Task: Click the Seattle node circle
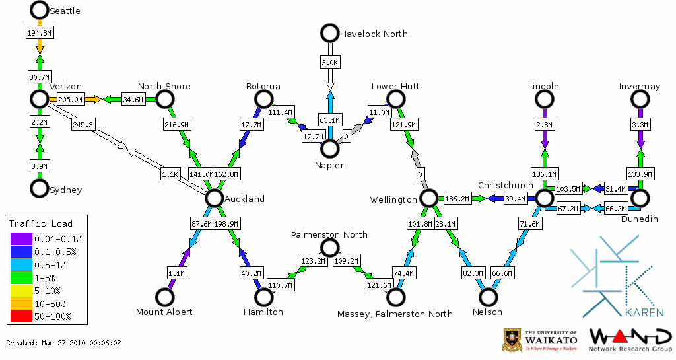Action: [40, 10]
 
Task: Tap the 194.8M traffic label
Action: [39, 32]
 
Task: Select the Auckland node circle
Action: [213, 198]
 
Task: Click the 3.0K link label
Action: [329, 63]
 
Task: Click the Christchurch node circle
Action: [544, 198]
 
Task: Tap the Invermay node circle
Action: [640, 99]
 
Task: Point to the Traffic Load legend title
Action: [41, 223]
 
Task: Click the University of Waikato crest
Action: [512, 340]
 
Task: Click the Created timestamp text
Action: [63, 343]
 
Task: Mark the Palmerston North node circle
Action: [329, 248]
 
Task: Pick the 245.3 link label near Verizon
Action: [83, 124]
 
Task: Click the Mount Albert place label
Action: [164, 312]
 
